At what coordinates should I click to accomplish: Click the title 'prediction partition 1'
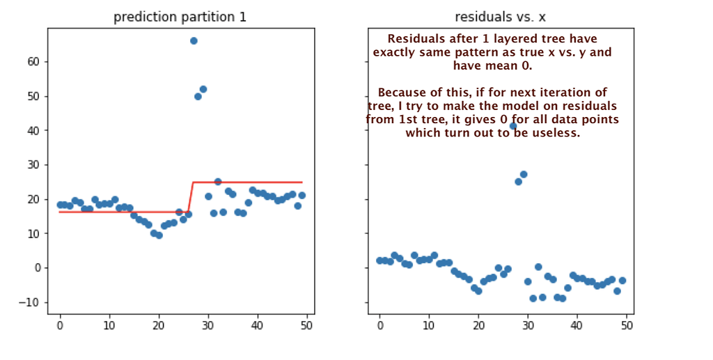coord(180,17)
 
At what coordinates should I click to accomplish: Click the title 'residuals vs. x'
coord(500,17)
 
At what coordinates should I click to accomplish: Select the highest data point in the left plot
coord(194,41)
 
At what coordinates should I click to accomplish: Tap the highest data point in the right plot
coord(514,126)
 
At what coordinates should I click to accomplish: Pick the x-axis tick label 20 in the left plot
coord(159,324)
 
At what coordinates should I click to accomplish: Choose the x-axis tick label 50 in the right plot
coord(627,324)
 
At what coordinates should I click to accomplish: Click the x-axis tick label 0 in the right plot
coord(379,324)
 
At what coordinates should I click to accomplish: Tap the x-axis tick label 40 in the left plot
coord(258,324)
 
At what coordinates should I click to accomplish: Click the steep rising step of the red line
coord(191,196)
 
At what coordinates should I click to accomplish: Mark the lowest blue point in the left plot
coord(159,235)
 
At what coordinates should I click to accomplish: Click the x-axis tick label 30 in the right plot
coord(528,324)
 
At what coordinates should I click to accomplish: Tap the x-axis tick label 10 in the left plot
coord(109,324)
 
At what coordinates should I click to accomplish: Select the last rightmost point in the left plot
coord(301,196)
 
